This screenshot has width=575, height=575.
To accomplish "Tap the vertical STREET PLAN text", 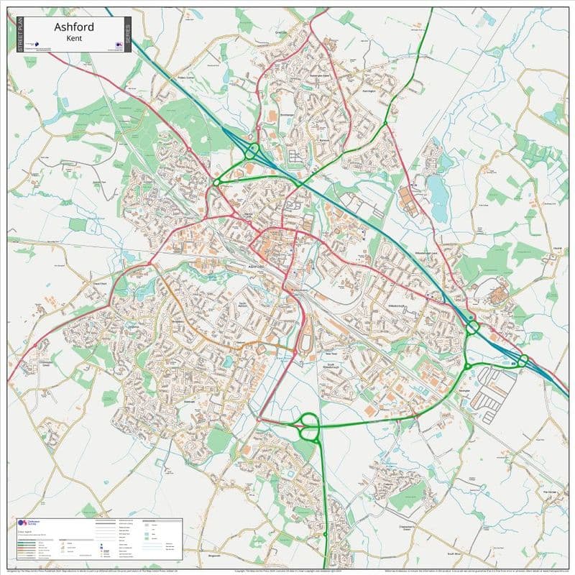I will click(x=11, y=34).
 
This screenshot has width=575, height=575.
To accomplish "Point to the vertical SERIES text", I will click(x=127, y=34).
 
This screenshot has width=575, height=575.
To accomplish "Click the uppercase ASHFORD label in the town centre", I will click(x=257, y=267).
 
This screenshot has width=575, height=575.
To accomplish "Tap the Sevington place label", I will click(x=464, y=389).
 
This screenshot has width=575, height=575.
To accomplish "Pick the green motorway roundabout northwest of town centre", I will click(x=253, y=151).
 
